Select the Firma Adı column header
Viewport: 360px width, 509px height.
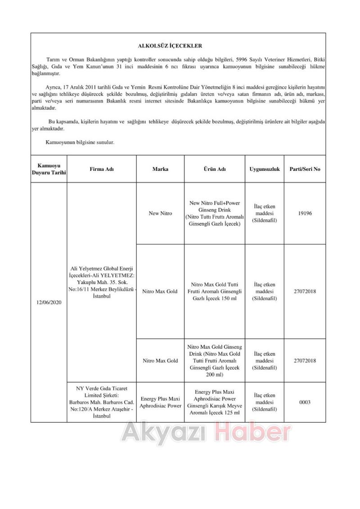(x=102, y=170)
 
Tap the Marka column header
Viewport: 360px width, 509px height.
(x=160, y=170)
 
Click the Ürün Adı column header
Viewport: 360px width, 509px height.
(x=215, y=170)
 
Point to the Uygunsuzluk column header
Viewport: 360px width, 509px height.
(x=265, y=170)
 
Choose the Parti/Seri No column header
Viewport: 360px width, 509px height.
(x=305, y=170)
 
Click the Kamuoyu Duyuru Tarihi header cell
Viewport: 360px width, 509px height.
(x=49, y=170)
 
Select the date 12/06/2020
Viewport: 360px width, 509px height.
(x=49, y=303)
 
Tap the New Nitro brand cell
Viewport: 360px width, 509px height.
(x=160, y=214)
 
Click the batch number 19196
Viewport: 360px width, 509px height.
(x=305, y=214)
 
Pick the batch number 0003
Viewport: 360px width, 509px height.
(x=305, y=402)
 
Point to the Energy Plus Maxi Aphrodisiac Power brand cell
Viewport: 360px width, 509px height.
(x=160, y=402)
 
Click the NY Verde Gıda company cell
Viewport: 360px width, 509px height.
(x=102, y=402)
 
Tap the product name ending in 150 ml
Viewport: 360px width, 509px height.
(x=215, y=291)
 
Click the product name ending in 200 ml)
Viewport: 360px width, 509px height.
(x=215, y=361)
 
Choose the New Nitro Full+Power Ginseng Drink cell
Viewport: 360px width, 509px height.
(x=215, y=214)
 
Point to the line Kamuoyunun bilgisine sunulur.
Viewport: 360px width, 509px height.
(x=80, y=142)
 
